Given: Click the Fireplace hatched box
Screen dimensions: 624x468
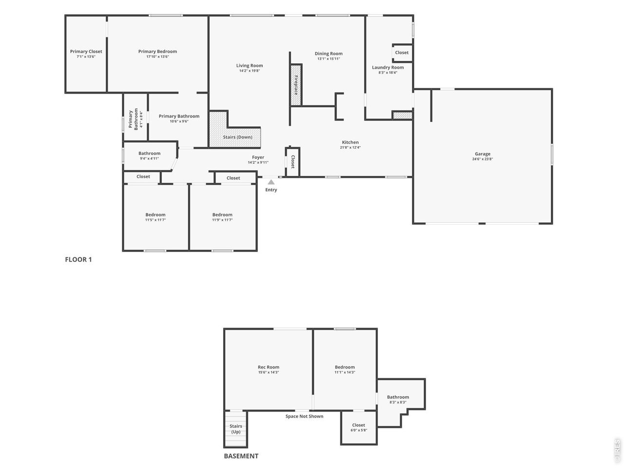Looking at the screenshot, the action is (x=295, y=85).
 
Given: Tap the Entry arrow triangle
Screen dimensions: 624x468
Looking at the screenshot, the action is (x=271, y=182).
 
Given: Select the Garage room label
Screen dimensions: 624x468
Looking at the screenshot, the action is (x=483, y=154).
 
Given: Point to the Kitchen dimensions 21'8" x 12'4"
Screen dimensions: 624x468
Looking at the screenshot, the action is (x=350, y=147).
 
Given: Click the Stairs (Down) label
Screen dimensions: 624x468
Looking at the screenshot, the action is (x=237, y=137).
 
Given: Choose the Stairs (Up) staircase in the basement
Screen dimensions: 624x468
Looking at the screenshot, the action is (x=235, y=429).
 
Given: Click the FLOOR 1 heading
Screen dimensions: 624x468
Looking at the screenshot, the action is (x=78, y=259).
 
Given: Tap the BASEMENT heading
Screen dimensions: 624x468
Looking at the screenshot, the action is (x=241, y=456).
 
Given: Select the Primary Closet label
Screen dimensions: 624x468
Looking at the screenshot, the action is (x=86, y=52).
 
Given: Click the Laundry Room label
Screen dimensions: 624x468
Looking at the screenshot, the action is (x=388, y=67).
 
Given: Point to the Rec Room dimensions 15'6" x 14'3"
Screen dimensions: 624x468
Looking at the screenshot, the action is (x=268, y=372).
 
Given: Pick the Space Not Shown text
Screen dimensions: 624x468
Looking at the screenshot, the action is (x=304, y=416).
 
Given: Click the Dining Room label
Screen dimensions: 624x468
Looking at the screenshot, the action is (x=329, y=54).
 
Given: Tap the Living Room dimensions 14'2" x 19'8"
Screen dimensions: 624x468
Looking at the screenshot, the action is (x=249, y=71).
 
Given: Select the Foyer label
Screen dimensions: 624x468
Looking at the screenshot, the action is (x=258, y=157).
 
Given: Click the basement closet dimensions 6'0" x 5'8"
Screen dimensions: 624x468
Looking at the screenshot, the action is (x=358, y=430).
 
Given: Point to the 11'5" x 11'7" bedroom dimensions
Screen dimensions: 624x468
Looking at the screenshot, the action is (x=155, y=220).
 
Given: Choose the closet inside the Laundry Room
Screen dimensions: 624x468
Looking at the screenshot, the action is (x=402, y=53).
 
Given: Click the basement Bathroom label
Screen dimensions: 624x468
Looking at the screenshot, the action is (x=398, y=397).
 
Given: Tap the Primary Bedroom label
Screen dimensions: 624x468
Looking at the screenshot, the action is (x=157, y=52).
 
